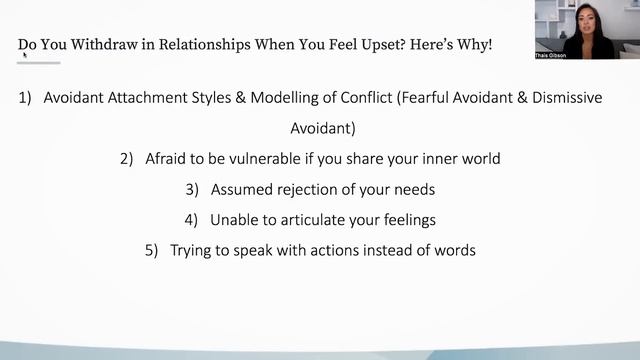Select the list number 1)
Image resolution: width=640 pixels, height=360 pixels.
point(26,100)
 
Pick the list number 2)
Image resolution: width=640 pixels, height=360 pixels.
point(126,158)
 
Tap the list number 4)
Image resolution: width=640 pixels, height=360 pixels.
point(191,218)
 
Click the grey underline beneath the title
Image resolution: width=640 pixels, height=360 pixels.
point(39,62)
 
